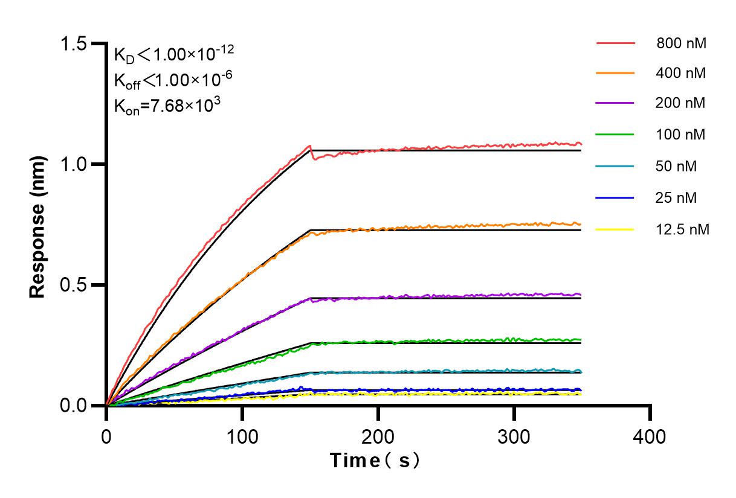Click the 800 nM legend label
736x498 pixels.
pos(681,43)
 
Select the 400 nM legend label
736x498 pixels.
pos(681,74)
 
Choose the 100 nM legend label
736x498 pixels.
pos(681,135)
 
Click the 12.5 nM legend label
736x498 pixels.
pos(682,229)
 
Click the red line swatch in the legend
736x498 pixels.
pos(615,43)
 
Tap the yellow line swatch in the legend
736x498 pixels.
pos(615,229)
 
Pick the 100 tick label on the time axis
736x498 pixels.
pos(242,436)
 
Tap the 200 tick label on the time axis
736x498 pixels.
pos(378,436)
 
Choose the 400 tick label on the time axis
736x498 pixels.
pos(650,436)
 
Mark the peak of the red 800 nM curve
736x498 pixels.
pos(310,145)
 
